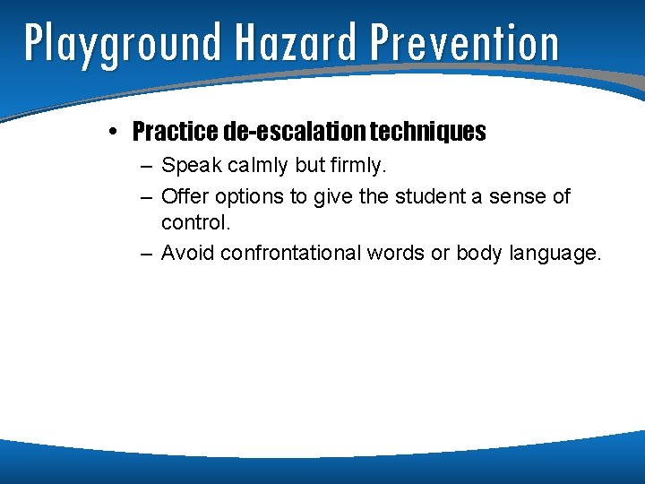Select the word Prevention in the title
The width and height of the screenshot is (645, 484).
(x=463, y=42)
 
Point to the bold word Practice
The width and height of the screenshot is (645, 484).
(x=175, y=133)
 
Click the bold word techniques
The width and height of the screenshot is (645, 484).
(x=428, y=133)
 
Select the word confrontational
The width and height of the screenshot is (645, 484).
(x=291, y=253)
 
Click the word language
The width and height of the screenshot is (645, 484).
(x=555, y=254)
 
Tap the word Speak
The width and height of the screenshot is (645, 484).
(x=188, y=167)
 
